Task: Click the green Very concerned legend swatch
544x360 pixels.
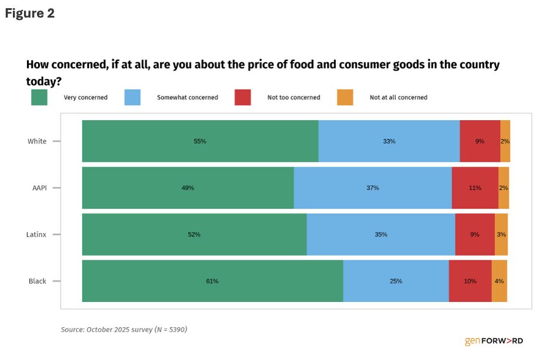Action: click(39, 97)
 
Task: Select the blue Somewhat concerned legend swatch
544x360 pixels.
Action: click(132, 97)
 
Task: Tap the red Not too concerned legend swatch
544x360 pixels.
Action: click(242, 97)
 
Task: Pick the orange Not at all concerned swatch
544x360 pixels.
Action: click(345, 97)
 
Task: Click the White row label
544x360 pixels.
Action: click(37, 141)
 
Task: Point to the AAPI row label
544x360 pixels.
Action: click(39, 188)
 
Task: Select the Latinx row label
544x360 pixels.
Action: click(36, 235)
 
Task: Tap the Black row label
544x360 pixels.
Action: click(38, 281)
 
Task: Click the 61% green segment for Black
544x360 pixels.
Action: click(212, 281)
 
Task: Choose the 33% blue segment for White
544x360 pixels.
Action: click(389, 141)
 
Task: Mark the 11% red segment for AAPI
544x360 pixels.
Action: click(475, 188)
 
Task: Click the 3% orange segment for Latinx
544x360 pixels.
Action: click(501, 235)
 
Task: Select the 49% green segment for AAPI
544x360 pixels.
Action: click(188, 188)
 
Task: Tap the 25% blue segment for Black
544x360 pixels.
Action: click(396, 281)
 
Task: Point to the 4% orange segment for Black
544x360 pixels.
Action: click(499, 281)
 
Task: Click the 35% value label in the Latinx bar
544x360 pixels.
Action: click(381, 235)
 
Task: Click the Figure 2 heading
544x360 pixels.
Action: click(30, 13)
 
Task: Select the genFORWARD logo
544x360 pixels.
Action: click(494, 341)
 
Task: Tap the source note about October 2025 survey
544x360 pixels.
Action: click(124, 330)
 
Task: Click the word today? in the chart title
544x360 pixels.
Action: click(44, 81)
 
